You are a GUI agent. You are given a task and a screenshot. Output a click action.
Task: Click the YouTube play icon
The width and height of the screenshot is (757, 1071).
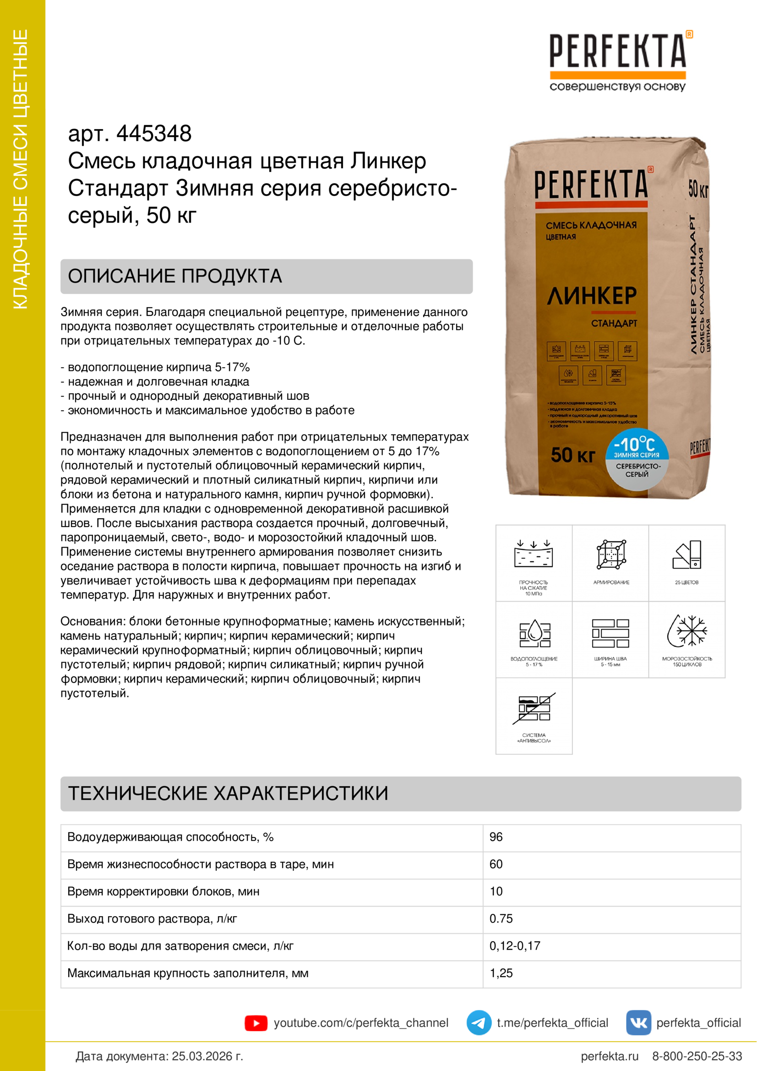(x=256, y=1023)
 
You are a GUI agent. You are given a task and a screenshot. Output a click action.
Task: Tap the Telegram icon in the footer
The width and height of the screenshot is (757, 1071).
(x=479, y=1023)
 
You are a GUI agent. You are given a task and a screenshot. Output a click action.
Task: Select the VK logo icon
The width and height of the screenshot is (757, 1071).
(x=638, y=1023)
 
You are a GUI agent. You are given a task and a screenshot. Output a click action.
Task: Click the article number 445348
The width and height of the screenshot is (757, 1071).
(x=154, y=134)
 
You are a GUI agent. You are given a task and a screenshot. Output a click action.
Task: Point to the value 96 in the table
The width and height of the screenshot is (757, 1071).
(x=496, y=837)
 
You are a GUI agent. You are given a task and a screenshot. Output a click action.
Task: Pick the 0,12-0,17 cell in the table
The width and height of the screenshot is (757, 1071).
(x=514, y=946)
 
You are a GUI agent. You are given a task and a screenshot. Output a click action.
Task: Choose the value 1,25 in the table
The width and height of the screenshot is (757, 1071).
(x=501, y=973)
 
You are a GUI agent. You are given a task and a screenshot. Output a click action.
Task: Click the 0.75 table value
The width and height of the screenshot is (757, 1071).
(x=501, y=919)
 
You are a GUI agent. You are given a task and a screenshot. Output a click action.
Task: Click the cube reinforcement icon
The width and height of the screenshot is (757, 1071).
(x=611, y=555)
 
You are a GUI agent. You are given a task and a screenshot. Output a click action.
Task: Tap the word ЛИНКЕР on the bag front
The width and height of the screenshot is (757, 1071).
(x=591, y=296)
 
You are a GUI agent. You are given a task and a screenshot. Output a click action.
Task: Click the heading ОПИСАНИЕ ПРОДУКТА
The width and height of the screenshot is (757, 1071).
(x=175, y=276)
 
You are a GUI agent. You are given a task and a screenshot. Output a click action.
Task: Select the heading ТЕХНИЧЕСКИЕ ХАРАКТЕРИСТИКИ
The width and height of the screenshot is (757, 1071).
(x=228, y=794)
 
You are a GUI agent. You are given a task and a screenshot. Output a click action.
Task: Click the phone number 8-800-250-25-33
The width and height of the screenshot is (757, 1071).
(x=697, y=1056)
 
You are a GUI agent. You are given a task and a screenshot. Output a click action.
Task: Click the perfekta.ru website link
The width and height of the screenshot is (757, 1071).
(x=609, y=1056)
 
